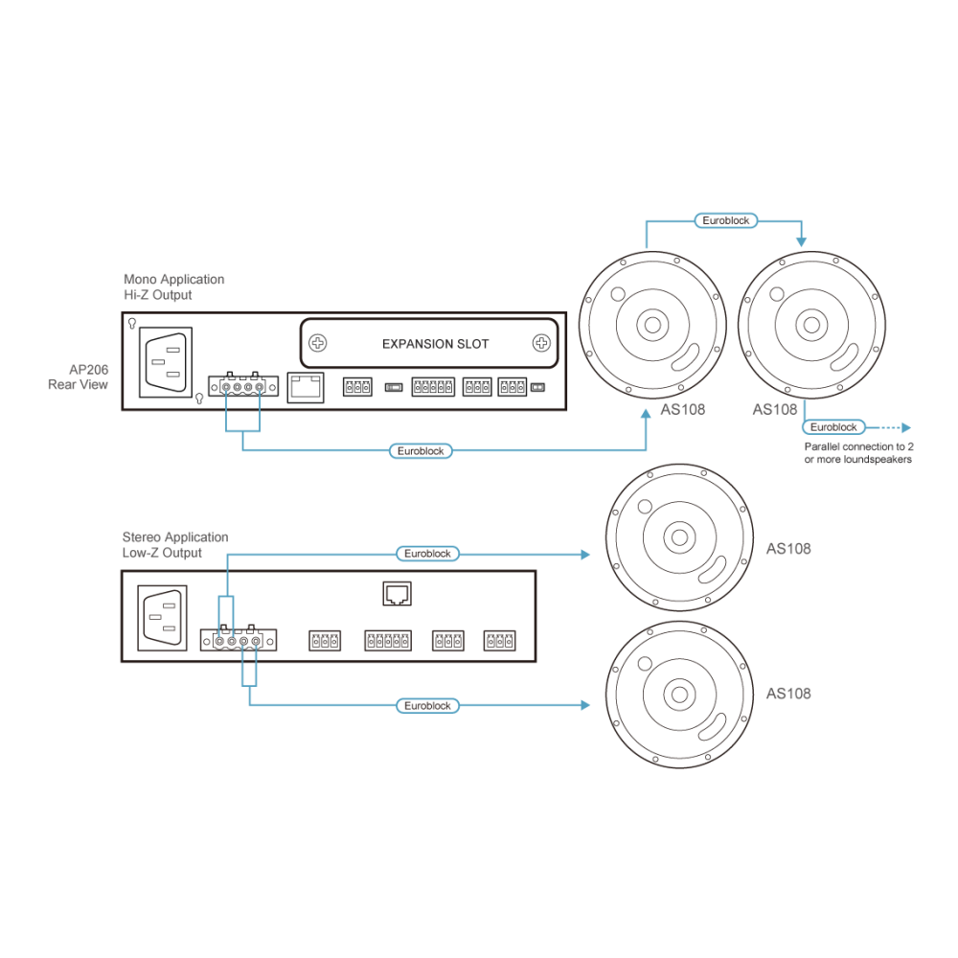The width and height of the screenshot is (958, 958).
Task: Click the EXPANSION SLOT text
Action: [x=435, y=344]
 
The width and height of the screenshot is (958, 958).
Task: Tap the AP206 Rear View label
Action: [x=79, y=376]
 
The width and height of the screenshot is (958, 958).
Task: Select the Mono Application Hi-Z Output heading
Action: [x=174, y=287]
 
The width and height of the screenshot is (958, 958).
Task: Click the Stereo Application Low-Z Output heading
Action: [x=175, y=545]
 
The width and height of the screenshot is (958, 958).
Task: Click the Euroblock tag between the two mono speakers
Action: [x=726, y=220]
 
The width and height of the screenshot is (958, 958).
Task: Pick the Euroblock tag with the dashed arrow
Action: [x=833, y=427]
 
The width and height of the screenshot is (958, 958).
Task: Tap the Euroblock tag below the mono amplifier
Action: [x=421, y=451]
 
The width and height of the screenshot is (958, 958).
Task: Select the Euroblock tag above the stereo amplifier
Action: [x=427, y=554]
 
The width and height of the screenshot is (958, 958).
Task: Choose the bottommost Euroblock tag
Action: [x=427, y=706]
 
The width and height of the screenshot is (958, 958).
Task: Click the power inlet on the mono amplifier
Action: [x=166, y=362]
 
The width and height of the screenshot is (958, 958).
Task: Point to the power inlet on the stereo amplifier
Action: [x=163, y=618]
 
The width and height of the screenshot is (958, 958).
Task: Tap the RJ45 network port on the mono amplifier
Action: [x=306, y=387]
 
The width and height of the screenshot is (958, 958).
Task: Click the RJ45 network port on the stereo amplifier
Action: [x=398, y=593]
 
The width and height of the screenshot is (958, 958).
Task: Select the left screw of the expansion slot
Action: [x=318, y=343]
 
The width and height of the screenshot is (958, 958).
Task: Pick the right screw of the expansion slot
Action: [x=541, y=343]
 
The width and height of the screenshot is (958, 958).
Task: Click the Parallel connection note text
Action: [x=858, y=453]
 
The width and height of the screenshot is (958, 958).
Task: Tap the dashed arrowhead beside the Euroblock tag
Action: [x=906, y=427]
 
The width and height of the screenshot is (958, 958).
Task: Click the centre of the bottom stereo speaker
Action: [x=679, y=695]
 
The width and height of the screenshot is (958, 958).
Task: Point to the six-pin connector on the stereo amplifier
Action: [x=388, y=640]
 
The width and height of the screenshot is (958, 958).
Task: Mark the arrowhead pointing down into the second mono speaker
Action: [x=802, y=242]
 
